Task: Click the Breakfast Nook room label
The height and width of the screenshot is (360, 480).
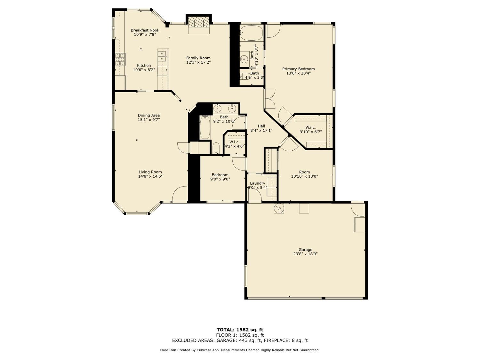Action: click(145, 30)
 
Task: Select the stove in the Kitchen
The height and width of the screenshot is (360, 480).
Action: click(120, 59)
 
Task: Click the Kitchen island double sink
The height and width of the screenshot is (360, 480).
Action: click(162, 56)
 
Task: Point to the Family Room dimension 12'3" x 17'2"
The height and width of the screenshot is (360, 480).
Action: click(198, 62)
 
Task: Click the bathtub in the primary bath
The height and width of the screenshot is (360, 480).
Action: click(251, 33)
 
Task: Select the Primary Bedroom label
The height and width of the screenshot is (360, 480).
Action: click(298, 69)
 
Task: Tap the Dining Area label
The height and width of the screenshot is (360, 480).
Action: click(148, 116)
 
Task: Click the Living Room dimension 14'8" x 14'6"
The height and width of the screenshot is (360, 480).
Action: click(150, 176)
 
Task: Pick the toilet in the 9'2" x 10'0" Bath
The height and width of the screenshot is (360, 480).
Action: click(216, 148)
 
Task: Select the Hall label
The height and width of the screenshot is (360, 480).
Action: click(261, 126)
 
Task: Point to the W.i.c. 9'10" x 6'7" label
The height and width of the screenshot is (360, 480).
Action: click(310, 128)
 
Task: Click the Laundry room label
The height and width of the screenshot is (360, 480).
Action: click(257, 183)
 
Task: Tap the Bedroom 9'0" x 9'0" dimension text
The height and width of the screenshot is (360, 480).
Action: click(220, 179)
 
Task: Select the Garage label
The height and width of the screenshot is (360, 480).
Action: click(305, 250)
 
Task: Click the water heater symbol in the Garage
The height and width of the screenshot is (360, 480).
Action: click(279, 208)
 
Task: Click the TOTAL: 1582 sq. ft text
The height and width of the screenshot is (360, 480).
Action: click(240, 330)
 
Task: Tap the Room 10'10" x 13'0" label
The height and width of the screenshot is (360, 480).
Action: click(304, 172)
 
